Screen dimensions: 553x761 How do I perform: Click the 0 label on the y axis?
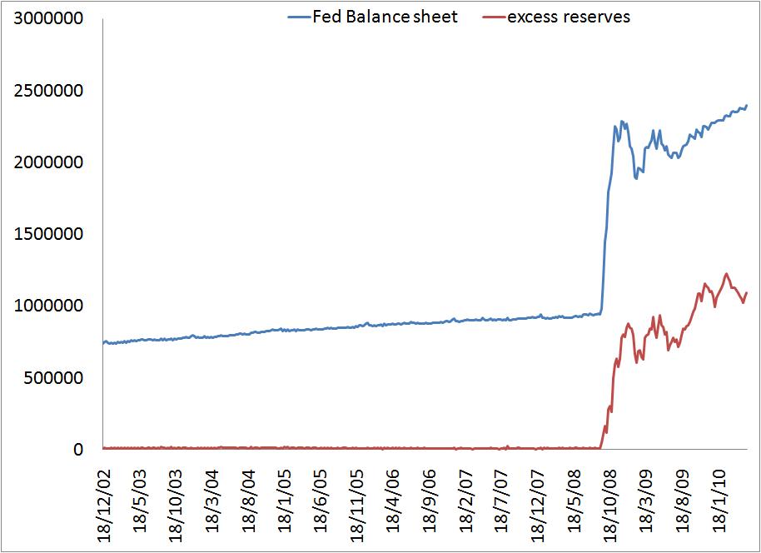pyautogui.click(x=80, y=450)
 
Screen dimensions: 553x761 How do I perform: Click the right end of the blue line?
pyautogui.click(x=747, y=106)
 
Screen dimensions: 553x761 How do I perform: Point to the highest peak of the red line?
pyautogui.click(x=726, y=273)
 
